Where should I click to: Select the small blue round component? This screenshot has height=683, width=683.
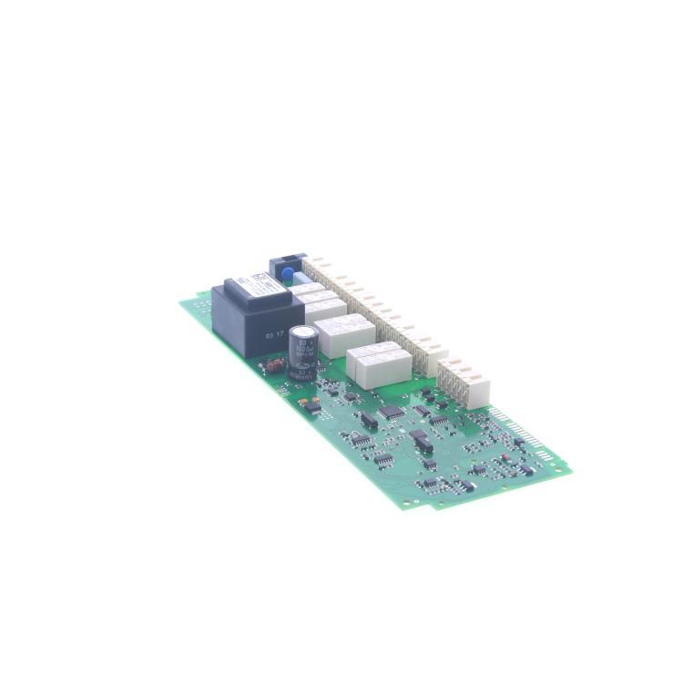[x=286, y=272]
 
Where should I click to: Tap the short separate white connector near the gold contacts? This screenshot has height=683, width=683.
[x=464, y=380]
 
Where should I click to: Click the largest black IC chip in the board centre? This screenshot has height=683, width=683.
[x=392, y=412]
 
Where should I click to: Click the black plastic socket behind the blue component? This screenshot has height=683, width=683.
[x=288, y=261]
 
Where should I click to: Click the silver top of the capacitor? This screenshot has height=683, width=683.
[x=303, y=331]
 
